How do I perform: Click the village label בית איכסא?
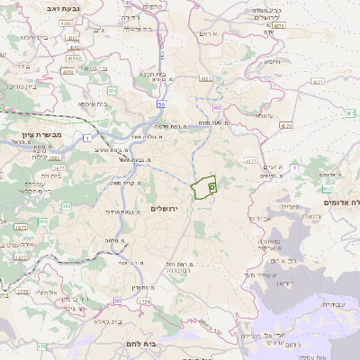94,103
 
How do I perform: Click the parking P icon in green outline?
211,186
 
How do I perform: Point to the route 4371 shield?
317,81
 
